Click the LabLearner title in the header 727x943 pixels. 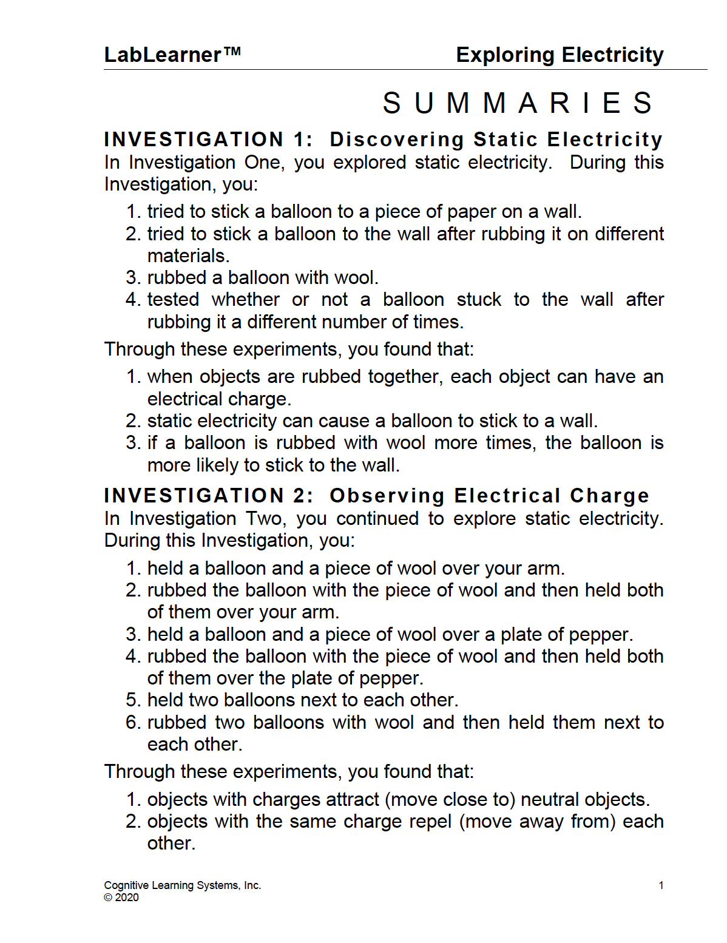172,55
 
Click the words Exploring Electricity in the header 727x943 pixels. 560,55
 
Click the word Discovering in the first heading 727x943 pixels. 397,140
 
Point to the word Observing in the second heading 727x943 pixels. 387,496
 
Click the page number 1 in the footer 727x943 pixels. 661,885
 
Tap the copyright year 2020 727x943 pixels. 127,897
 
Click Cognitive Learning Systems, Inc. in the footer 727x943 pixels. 182,885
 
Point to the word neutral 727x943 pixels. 550,800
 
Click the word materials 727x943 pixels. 188,256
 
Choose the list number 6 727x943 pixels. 133,723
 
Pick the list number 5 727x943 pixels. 133,700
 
